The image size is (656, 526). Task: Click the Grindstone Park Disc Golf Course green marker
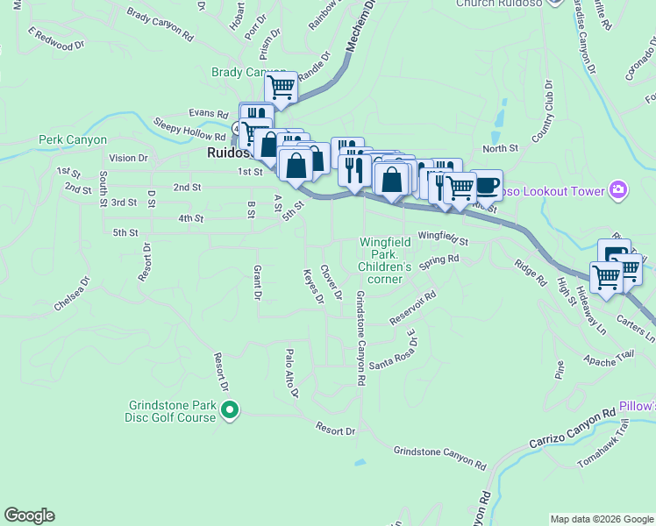pos(230,409)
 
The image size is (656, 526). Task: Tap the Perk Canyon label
pos(73,139)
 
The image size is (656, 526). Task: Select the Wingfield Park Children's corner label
pos(385,260)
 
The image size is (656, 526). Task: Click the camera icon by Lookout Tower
pos(620,190)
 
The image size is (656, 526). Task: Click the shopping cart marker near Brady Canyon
pos(281,89)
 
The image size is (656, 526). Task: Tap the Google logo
pos(29,515)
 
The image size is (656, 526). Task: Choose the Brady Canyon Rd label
pos(160,25)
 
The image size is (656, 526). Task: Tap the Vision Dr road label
pos(130,159)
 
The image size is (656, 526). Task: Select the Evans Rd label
pos(210,113)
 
